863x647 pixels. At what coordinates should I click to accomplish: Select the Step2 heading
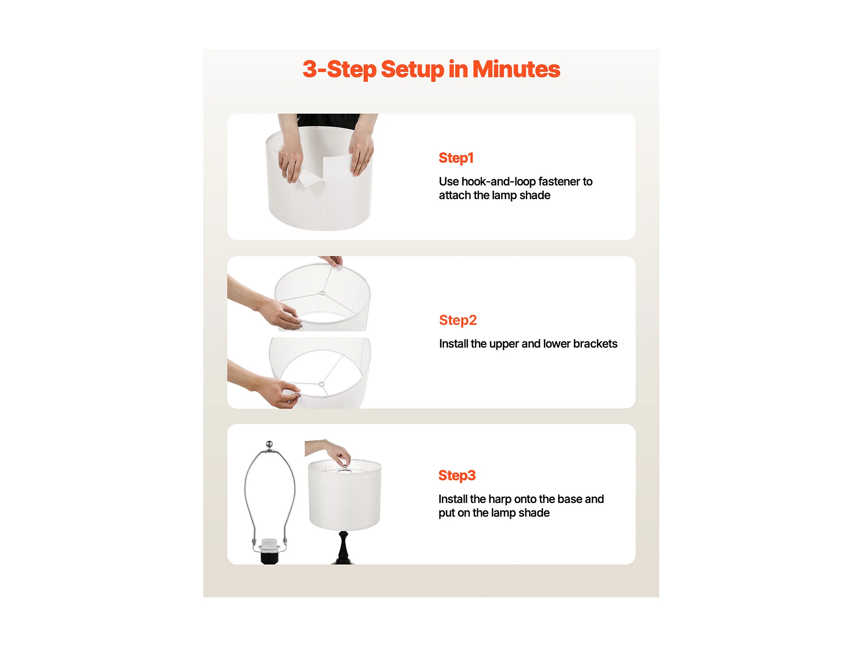458,320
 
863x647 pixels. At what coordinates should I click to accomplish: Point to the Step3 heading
457,476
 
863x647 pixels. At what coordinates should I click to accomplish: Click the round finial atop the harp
269,443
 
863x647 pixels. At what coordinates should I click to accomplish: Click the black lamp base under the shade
343,547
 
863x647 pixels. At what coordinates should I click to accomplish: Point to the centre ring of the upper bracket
322,293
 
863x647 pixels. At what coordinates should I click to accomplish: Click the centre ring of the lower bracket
321,384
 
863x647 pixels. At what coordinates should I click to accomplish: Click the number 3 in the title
310,69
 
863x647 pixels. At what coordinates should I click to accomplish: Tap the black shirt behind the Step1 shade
328,121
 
